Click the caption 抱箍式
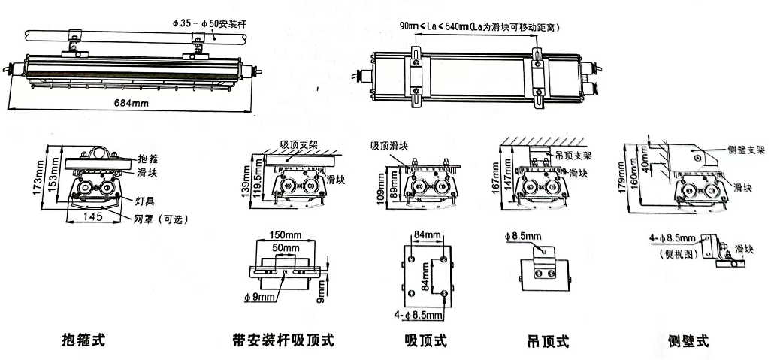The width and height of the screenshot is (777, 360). [83, 341]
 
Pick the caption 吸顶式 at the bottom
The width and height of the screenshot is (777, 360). [425, 341]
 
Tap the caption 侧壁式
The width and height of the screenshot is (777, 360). [688, 341]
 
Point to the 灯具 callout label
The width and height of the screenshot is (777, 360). [146, 201]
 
